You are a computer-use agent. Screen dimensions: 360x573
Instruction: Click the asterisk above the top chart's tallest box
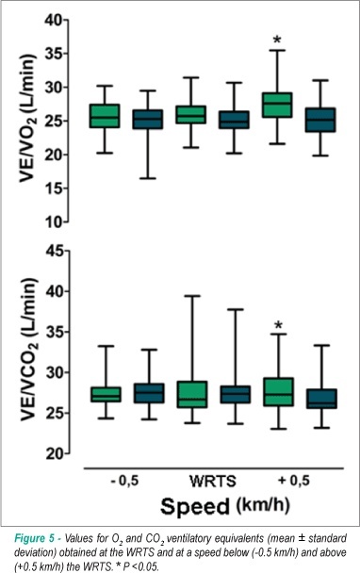coord(277,39)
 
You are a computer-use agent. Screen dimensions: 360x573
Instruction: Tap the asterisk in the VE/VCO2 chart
coord(279,325)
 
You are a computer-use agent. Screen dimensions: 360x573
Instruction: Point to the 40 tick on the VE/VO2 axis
coord(54,20)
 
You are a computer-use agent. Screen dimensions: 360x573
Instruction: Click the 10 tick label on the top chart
coord(54,221)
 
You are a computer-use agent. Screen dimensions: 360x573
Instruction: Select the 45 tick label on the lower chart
coord(55,251)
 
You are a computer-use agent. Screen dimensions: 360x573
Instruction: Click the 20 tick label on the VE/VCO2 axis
coord(55,454)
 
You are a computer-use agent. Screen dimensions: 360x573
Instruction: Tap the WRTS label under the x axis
coord(213,481)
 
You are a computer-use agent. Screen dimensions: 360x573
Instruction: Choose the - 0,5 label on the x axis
coord(124,481)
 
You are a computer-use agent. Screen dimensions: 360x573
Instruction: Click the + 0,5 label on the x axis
coord(294,481)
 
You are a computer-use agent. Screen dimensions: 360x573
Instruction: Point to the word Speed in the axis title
coord(195,506)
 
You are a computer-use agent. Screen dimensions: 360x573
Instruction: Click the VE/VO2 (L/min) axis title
coord(28,118)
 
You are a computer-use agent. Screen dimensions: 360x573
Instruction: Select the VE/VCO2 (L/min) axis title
coord(29,349)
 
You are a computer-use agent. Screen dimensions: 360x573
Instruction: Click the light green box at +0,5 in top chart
coord(277,105)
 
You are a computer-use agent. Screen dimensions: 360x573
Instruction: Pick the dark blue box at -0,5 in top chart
coord(148,119)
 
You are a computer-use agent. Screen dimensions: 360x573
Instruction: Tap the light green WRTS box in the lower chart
coord(192,395)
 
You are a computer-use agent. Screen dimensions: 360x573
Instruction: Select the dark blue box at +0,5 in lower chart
coord(322,399)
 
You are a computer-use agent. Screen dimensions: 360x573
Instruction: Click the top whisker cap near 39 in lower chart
coord(192,296)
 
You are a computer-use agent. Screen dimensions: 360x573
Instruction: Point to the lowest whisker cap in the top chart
coord(148,179)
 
